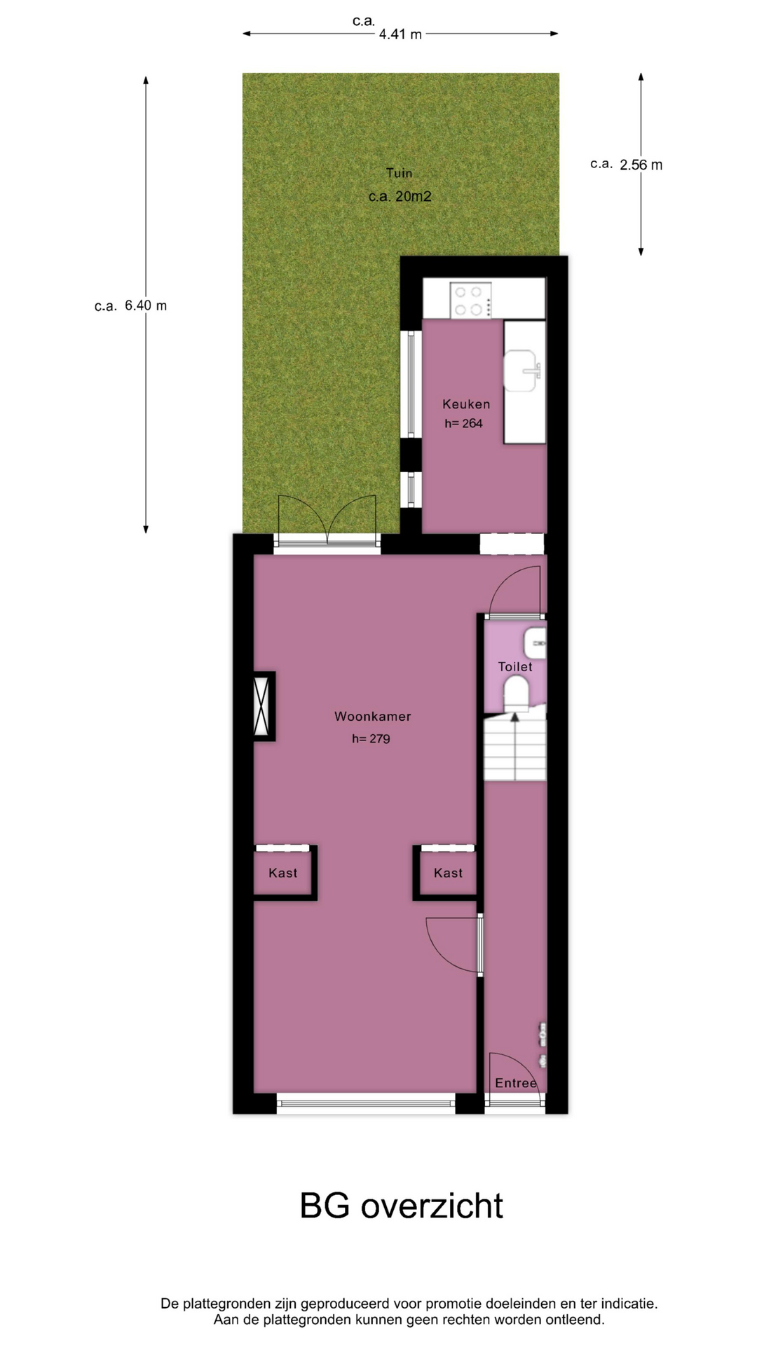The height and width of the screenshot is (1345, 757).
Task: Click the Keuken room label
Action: pyautogui.click(x=466, y=404)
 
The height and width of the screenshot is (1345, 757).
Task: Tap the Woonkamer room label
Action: pyautogui.click(x=372, y=716)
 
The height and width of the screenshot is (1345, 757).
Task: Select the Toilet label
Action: pyautogui.click(x=515, y=667)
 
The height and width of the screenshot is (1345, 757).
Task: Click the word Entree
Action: pyautogui.click(x=516, y=1083)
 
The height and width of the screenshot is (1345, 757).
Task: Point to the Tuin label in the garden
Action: pyautogui.click(x=399, y=173)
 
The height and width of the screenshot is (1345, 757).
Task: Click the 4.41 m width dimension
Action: pyautogui.click(x=400, y=34)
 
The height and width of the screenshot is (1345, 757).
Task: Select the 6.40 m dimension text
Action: pyautogui.click(x=146, y=305)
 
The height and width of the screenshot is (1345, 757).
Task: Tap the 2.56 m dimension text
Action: pyautogui.click(x=641, y=165)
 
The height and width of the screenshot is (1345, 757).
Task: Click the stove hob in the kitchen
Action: pyautogui.click(x=471, y=300)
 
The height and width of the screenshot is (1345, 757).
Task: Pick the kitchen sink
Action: pyautogui.click(x=522, y=369)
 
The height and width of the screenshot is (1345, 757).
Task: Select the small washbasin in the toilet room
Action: pyautogui.click(x=535, y=643)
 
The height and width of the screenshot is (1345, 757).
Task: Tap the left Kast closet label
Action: pyautogui.click(x=283, y=873)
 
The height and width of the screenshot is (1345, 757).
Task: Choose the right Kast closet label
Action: pyautogui.click(x=448, y=873)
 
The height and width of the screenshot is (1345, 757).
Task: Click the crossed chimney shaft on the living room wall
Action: pyautogui.click(x=264, y=706)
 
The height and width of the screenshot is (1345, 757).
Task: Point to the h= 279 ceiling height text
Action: pyautogui.click(x=371, y=738)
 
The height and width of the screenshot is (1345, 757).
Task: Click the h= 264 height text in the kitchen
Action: pyautogui.click(x=463, y=423)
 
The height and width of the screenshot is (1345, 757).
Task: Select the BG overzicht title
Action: pyautogui.click(x=401, y=1206)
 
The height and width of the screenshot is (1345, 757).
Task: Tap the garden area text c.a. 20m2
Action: pyautogui.click(x=400, y=196)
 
